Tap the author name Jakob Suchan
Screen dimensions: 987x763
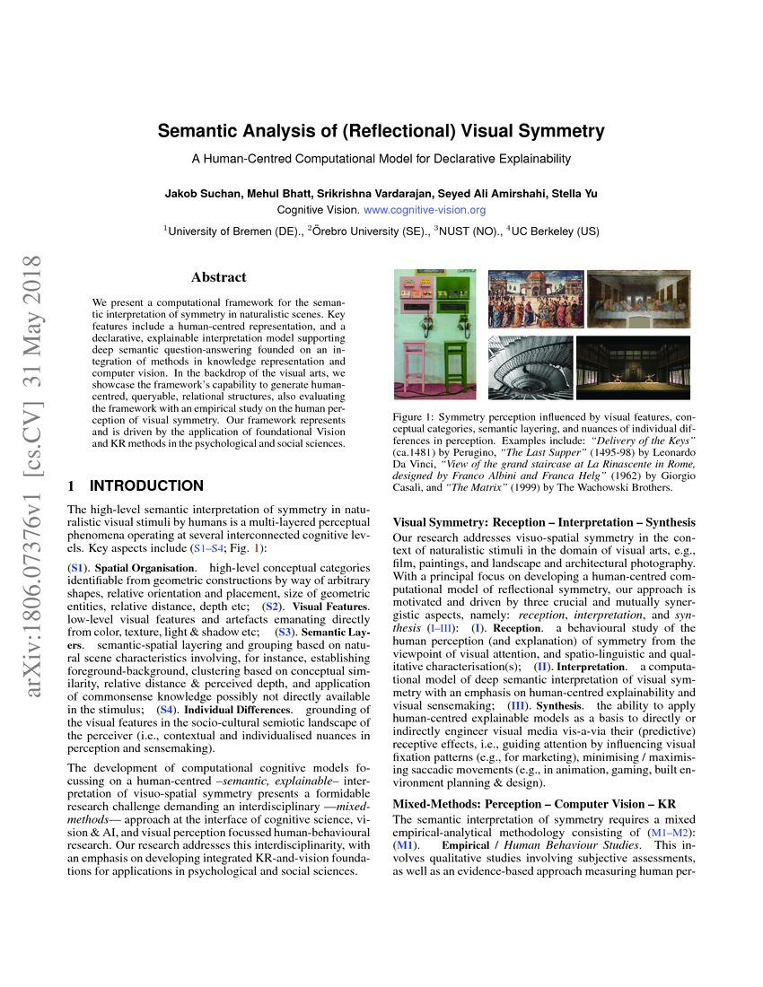201,194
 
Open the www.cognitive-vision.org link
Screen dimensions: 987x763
425,210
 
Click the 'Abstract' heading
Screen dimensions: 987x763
219,277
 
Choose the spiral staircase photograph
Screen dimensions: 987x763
530,368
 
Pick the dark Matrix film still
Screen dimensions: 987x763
633,368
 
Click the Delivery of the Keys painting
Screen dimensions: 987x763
530,299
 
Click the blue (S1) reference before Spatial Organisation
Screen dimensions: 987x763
78,568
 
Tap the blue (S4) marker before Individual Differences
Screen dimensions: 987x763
168,710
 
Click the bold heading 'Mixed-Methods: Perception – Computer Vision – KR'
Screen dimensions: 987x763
534,803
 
